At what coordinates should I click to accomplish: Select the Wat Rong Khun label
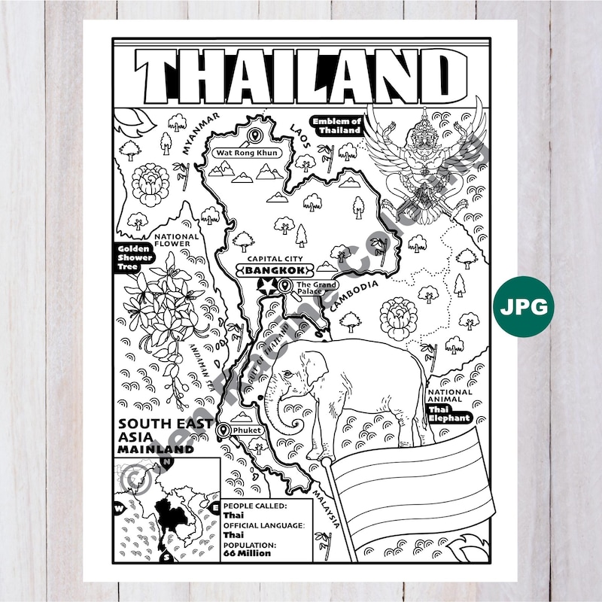coord(247,153)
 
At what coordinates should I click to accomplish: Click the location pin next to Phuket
coord(223,430)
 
